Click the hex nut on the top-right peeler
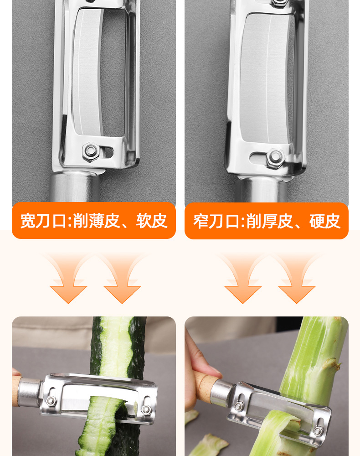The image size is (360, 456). (x=275, y=158)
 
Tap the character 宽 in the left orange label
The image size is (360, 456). (x=28, y=221)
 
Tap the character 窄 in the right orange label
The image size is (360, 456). (x=201, y=221)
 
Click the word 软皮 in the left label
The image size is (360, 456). (x=152, y=221)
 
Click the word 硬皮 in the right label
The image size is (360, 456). (x=325, y=221)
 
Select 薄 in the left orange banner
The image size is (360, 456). (x=96, y=221)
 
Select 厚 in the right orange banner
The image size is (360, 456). (x=269, y=221)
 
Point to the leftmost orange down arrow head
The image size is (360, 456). (x=68, y=293)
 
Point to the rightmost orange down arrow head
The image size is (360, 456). (x=297, y=293)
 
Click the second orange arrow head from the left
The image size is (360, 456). (x=122, y=293)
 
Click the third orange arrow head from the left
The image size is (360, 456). (x=243, y=293)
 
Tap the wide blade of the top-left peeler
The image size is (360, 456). (x=87, y=73)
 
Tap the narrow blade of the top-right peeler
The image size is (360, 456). (x=266, y=78)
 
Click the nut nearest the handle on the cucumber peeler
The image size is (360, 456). (x=51, y=401)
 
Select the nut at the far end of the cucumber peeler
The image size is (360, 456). (x=145, y=410)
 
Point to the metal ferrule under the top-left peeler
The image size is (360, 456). (x=75, y=187)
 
